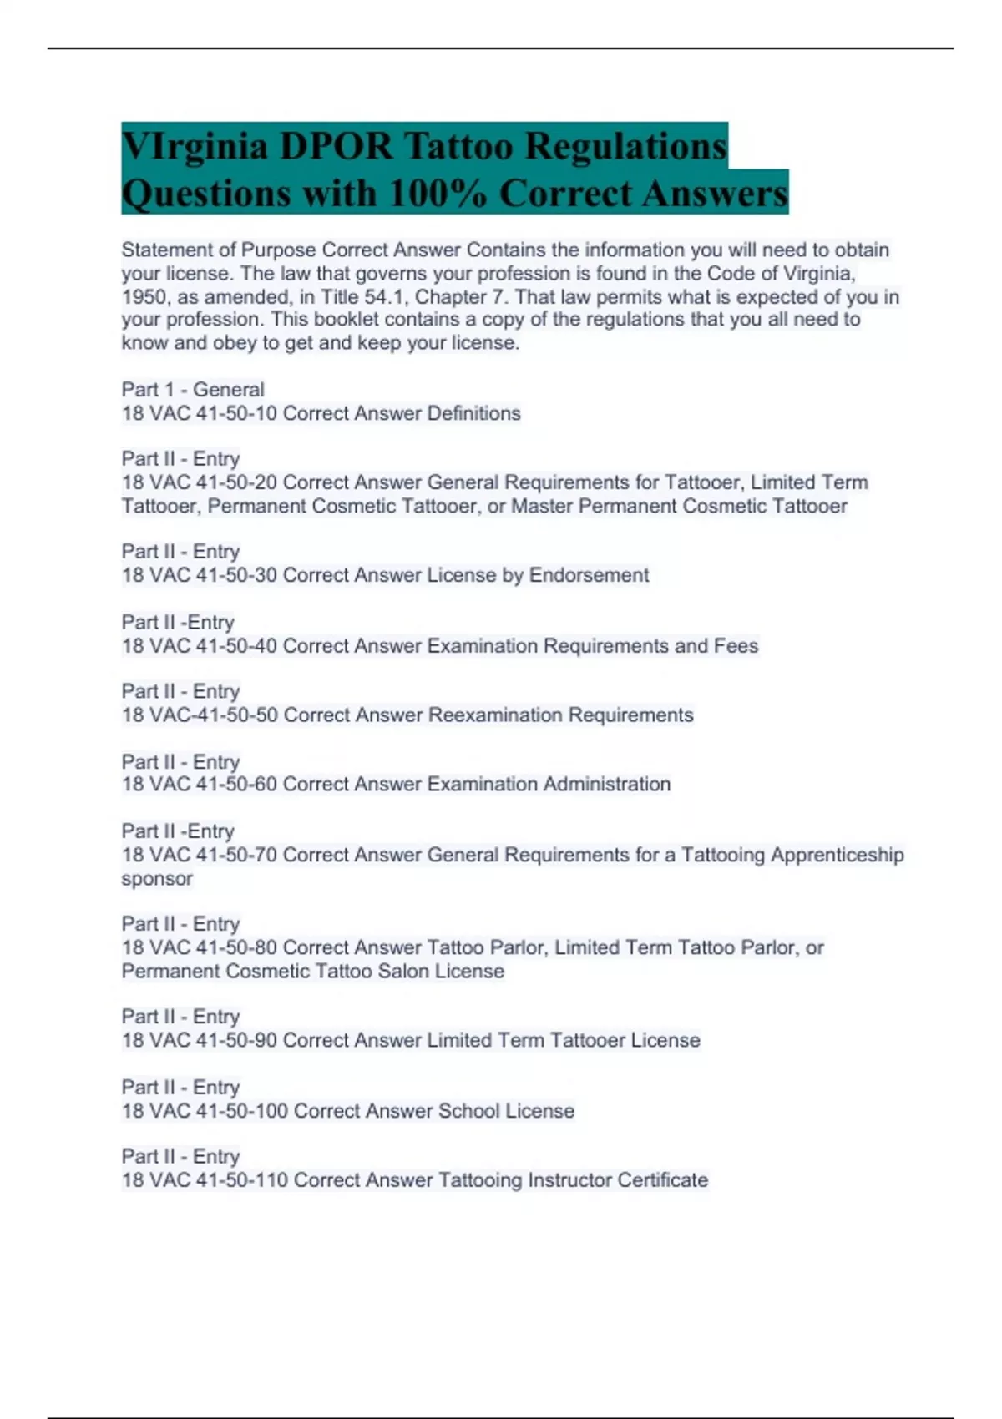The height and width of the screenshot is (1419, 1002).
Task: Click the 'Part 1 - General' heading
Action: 193,390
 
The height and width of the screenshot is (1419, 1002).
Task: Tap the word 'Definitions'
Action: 473,413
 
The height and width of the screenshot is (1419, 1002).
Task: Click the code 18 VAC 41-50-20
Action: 200,482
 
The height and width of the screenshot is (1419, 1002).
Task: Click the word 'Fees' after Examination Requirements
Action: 736,646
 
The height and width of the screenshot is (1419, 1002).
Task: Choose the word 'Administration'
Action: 607,785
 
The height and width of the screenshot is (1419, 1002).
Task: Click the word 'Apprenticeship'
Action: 837,855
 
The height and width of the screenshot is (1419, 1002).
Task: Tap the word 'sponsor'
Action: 157,879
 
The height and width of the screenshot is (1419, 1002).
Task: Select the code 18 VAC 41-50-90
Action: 200,1041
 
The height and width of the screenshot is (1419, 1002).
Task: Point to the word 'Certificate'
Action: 662,1180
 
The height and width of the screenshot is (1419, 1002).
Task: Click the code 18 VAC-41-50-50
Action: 200,715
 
